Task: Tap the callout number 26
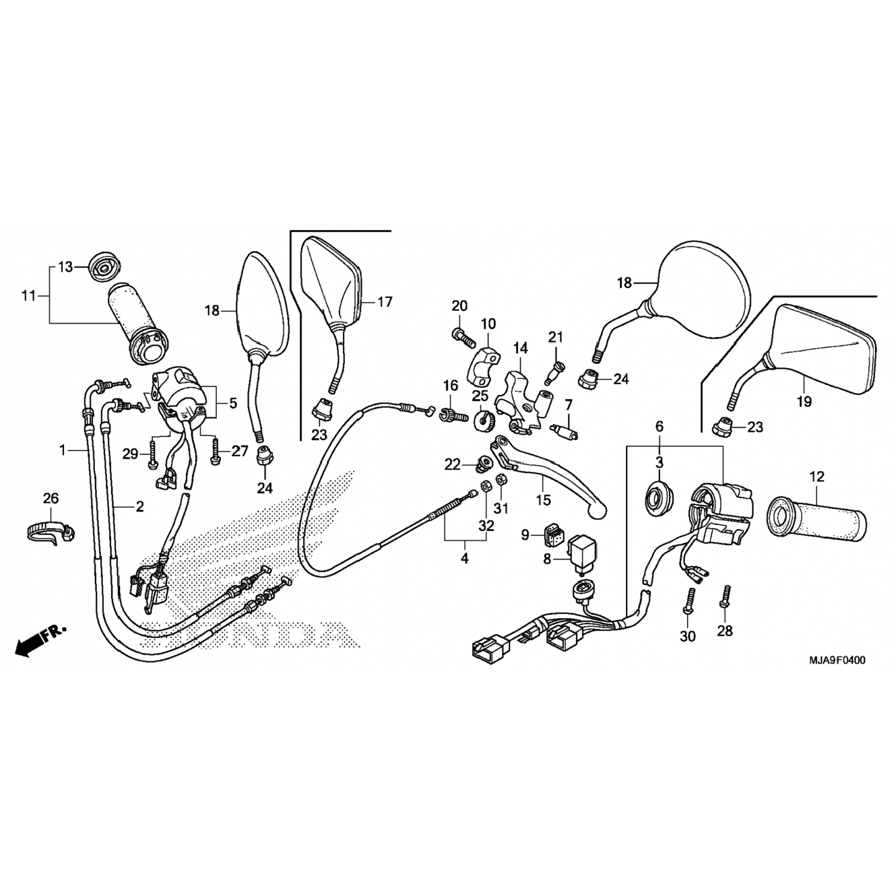pyautogui.click(x=51, y=498)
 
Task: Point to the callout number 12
pyautogui.click(x=817, y=477)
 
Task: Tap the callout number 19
pyautogui.click(x=804, y=401)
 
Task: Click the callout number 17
pyautogui.click(x=385, y=302)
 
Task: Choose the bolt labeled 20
pyautogui.click(x=463, y=336)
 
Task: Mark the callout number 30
pyautogui.click(x=688, y=636)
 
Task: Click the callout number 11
pyautogui.click(x=29, y=296)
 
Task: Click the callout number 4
pyautogui.click(x=464, y=559)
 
